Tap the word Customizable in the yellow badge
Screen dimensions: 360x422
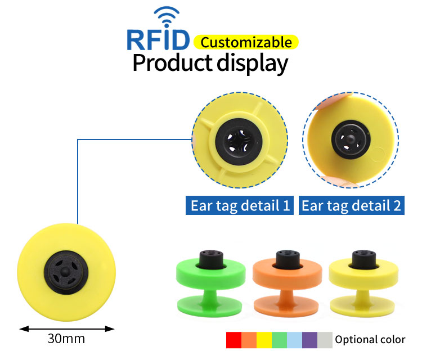tap(246, 42)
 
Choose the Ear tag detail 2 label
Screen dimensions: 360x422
tap(351, 205)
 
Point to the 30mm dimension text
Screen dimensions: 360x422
tap(66, 339)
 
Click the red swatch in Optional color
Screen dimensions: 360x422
tap(234, 340)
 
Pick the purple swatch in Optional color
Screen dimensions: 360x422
tap(309, 340)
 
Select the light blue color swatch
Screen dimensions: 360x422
tap(294, 340)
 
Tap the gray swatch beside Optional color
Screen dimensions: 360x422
tap(325, 340)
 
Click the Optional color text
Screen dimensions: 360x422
tap(370, 340)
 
